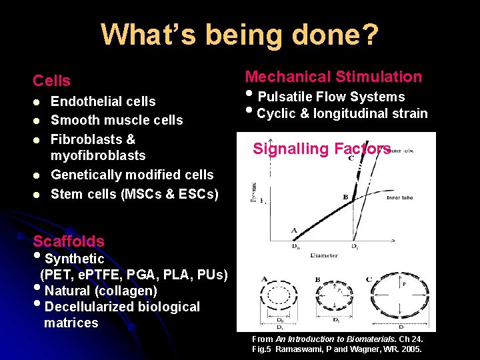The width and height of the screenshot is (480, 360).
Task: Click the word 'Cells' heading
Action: tap(52, 81)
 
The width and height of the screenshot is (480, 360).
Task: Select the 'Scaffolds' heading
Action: tap(69, 241)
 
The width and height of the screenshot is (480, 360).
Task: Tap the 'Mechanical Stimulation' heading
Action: tap(333, 77)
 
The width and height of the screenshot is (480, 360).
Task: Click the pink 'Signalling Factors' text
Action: tap(321, 149)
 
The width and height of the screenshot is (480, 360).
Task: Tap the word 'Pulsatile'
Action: tap(286, 97)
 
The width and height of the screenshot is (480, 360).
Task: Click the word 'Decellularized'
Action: tap(89, 307)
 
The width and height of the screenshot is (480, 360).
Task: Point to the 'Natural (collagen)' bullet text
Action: tap(101, 291)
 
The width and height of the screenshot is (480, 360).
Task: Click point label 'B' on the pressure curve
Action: tap(345, 197)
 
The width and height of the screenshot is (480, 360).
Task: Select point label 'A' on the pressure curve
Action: tap(295, 230)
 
